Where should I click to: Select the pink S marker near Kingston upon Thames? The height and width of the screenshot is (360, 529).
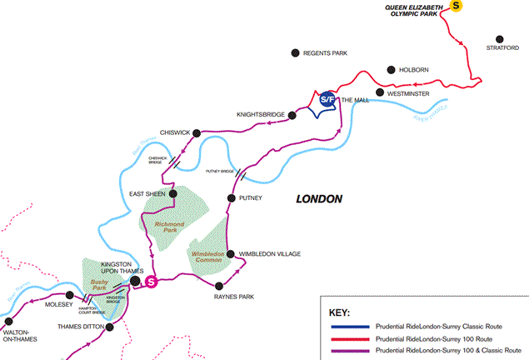pos(152,282)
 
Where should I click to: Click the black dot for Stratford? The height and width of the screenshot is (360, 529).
pos(501,38)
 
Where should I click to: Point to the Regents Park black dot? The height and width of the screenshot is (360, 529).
pos(294,52)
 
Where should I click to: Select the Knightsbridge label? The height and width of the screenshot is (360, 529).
pos(261,114)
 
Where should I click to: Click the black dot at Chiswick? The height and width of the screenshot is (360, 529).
pos(198,131)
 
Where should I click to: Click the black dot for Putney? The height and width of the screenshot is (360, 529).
pos(231,197)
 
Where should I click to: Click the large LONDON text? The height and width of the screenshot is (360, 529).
pos(319,199)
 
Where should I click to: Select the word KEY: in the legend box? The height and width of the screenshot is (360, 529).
pos(341,312)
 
